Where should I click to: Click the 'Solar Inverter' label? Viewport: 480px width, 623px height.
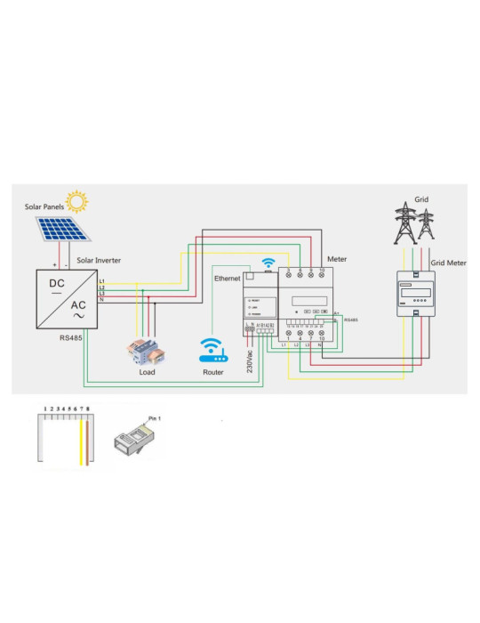point(99,260)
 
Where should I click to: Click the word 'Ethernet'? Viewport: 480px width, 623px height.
point(228,279)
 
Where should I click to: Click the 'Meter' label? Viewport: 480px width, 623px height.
point(337,259)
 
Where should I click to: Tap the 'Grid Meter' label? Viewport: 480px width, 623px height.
point(449,263)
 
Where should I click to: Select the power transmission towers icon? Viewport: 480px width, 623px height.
point(414,224)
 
